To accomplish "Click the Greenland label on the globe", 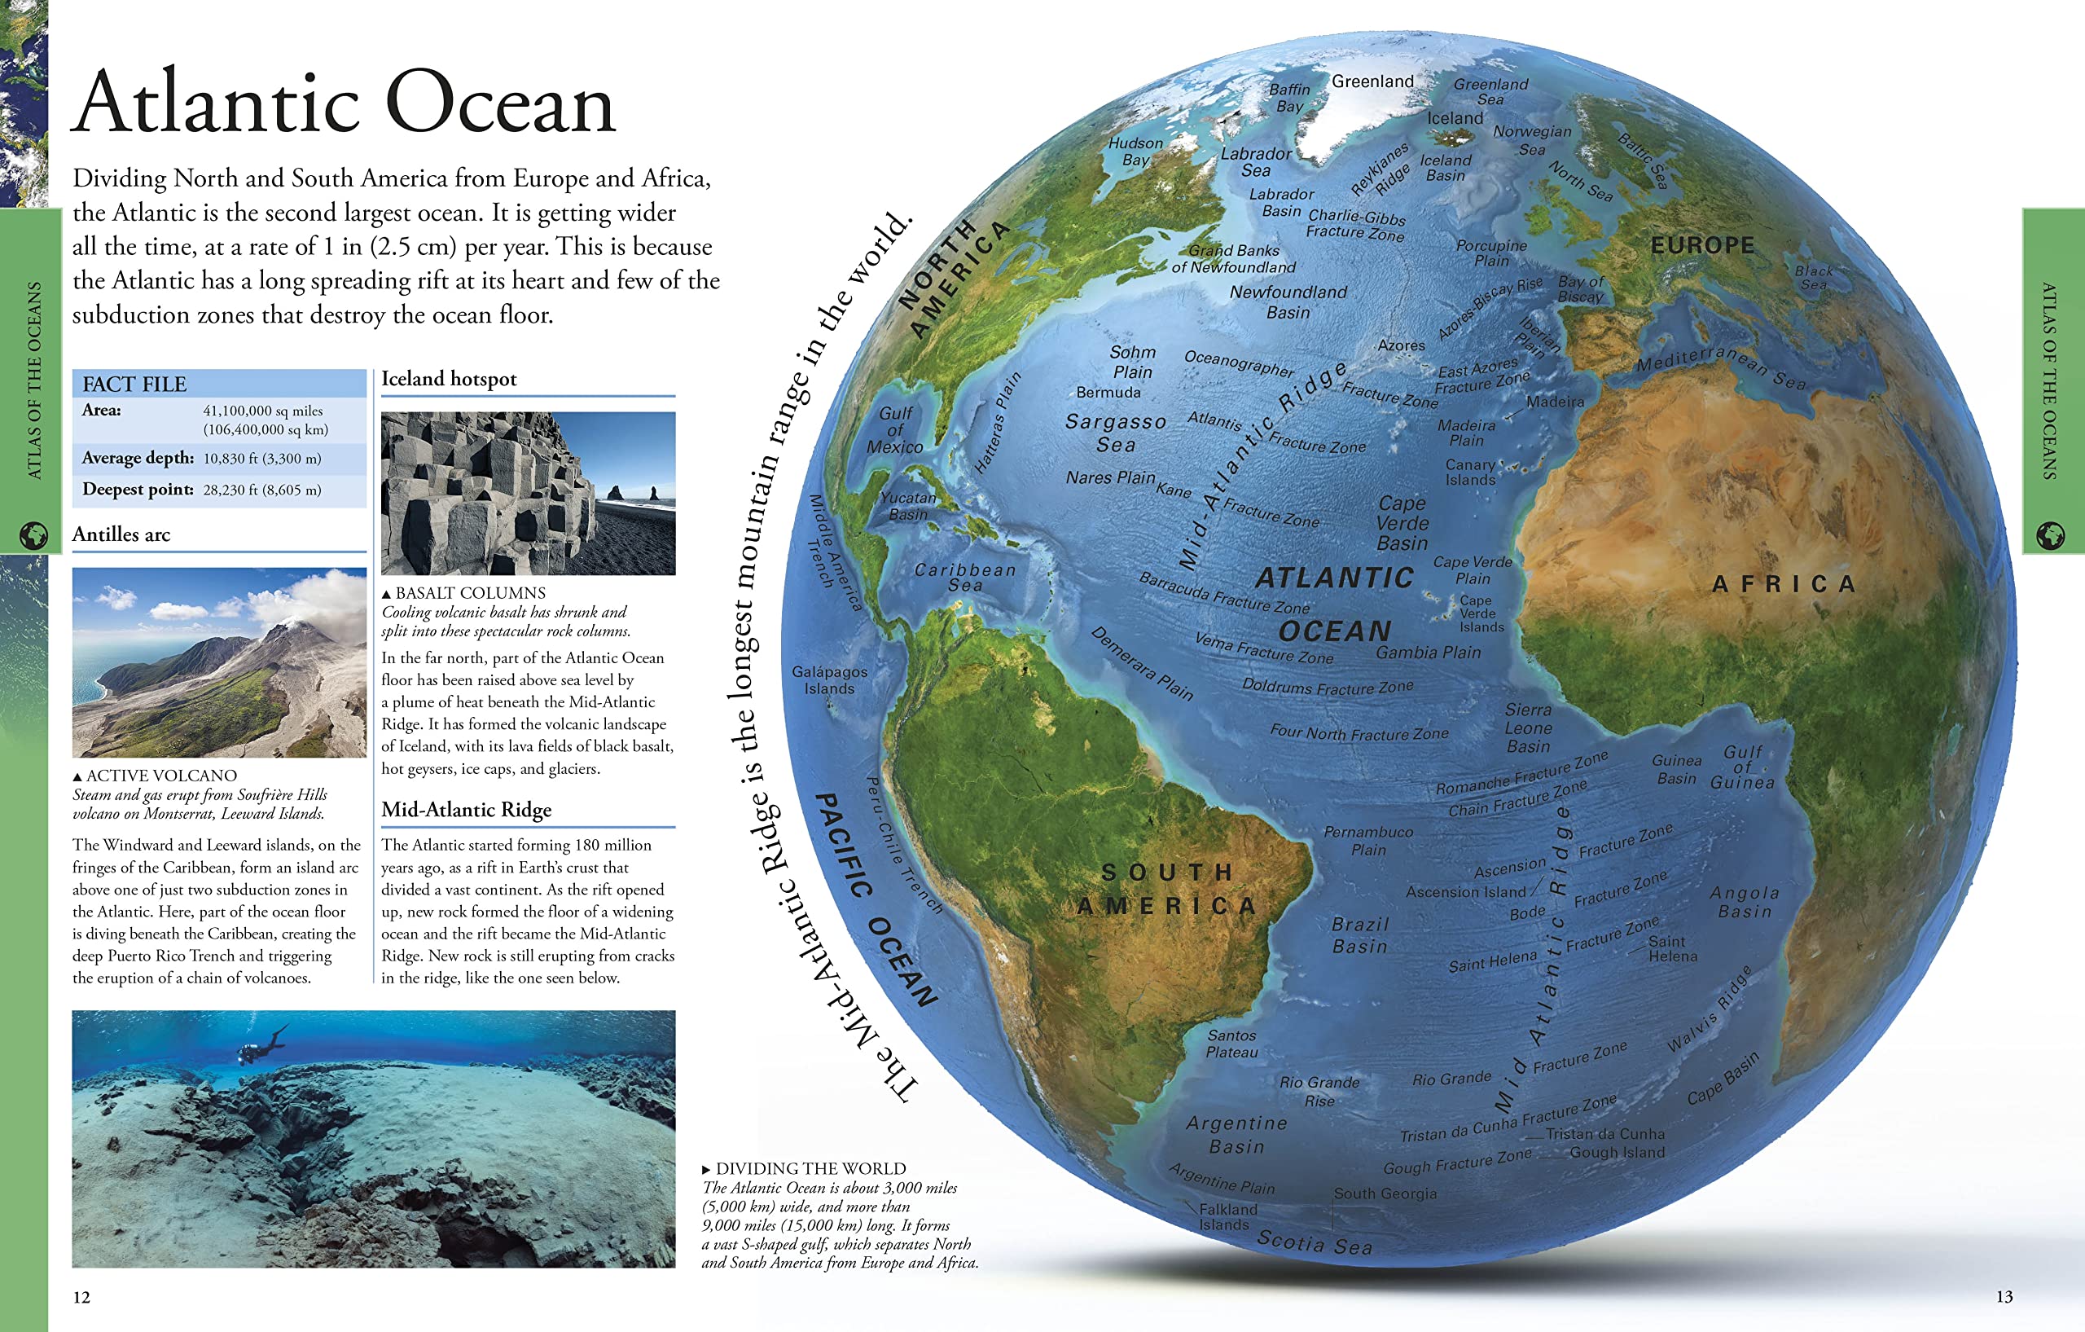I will pos(1372,81).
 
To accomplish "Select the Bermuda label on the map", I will pos(1108,393).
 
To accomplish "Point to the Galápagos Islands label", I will pos(828,680).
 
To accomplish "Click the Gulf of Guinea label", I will pos(1742,767).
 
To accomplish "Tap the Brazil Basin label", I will pos(1359,935).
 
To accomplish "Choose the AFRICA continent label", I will pos(1784,585).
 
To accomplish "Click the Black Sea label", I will pos(1813,277).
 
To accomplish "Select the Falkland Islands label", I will pos(1227,1217).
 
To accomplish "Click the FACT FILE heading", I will pos(134,384).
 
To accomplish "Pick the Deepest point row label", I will pos(138,490).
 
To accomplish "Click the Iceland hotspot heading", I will pos(449,379).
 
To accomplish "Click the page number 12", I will pos(81,1296).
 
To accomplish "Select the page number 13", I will pos(2004,1296).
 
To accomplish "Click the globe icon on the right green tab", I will pos(2050,535).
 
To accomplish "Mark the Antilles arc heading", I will pos(121,534).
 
